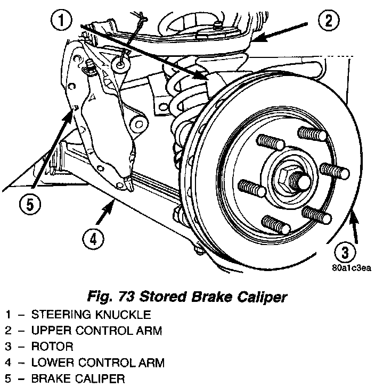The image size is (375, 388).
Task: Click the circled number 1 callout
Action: [x=63, y=22]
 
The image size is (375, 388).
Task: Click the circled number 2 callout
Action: [x=328, y=22]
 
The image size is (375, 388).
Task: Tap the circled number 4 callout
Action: [x=93, y=240]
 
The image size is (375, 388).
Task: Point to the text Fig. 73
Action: [x=109, y=297]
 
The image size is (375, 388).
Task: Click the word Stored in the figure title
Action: [x=156, y=297]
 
